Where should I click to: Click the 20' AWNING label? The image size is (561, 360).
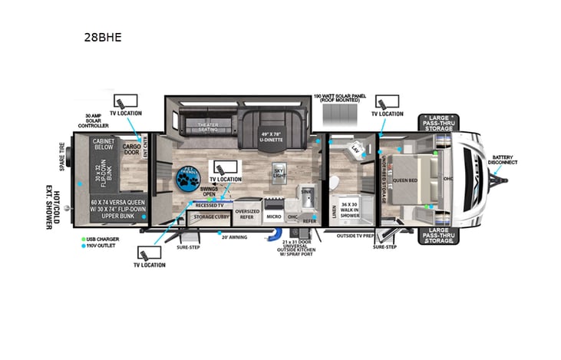pos(234,237)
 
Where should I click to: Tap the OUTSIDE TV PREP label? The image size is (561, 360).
pos(354,236)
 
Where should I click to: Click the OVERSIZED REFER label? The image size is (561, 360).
pos(247,214)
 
